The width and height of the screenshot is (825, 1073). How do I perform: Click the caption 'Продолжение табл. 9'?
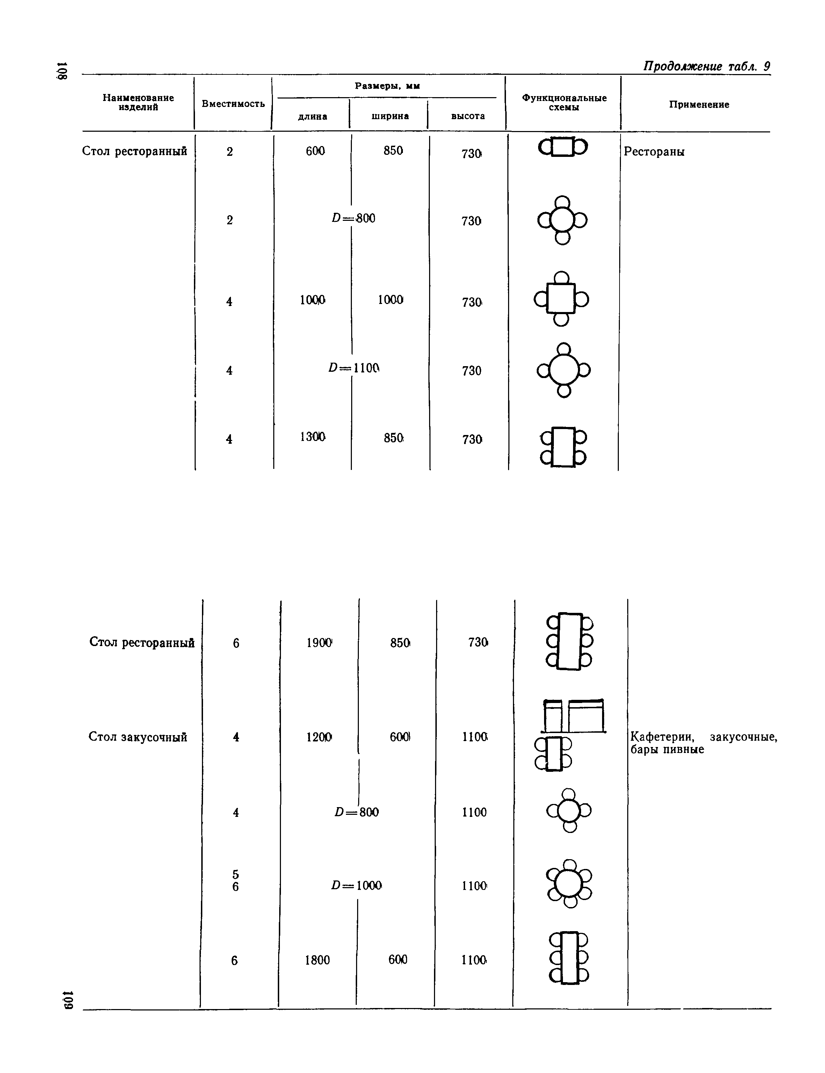coord(706,66)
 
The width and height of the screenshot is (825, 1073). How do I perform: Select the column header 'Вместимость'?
coord(233,104)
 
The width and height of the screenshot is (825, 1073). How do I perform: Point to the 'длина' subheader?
coord(313,116)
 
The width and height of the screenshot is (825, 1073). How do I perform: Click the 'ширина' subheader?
coord(390,116)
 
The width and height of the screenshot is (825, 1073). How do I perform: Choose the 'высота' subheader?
coord(468,116)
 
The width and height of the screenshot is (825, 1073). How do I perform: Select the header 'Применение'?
coord(699,104)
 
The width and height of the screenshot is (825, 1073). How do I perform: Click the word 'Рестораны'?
coord(654,152)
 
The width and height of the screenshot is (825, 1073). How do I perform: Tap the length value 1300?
coord(312,436)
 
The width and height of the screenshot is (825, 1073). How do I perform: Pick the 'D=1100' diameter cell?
coord(354,368)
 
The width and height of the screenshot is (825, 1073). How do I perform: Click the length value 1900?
coord(319,642)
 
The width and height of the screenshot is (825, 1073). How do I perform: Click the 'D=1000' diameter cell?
coord(356,885)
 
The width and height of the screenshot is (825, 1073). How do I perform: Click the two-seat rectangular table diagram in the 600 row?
coord(563,147)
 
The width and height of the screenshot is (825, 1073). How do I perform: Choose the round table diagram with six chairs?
coord(570,884)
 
